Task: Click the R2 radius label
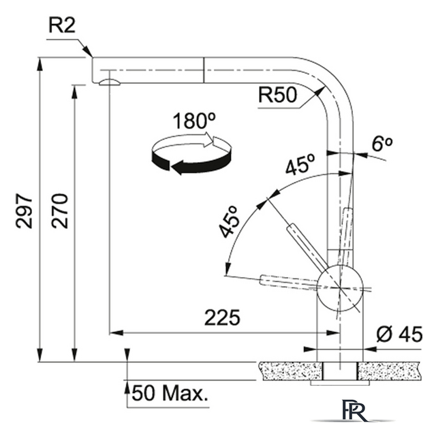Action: [62, 27]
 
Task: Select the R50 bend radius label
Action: [277, 95]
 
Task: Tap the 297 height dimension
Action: [24, 211]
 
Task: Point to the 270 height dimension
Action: [59, 211]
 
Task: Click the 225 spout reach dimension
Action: [222, 317]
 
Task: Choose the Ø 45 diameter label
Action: [400, 334]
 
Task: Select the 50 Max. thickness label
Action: [170, 393]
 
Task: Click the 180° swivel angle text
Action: [193, 121]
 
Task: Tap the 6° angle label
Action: [382, 144]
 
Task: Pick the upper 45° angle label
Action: [300, 164]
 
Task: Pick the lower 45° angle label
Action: [230, 222]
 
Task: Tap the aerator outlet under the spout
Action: [110, 82]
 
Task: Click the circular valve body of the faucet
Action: [340, 287]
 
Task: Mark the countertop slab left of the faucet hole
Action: [292, 371]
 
